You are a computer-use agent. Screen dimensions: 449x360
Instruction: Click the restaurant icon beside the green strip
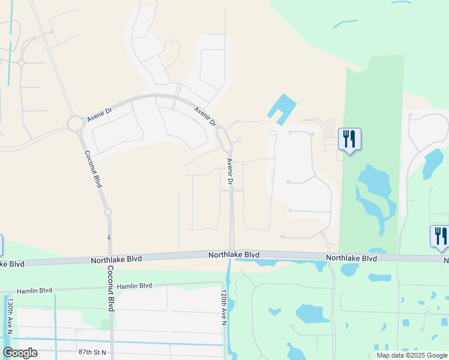pos(349,140)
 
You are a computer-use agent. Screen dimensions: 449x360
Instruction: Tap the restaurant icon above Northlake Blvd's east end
pos(440,236)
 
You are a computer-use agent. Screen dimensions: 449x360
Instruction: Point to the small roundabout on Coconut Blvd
pos(107,212)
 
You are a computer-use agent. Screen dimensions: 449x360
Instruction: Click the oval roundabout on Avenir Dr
pos(224,140)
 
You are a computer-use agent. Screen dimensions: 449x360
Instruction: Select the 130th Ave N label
pos(10,313)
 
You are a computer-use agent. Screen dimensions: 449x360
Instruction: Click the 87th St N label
pos(91,352)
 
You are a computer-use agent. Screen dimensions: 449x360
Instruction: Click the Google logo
pos(20,353)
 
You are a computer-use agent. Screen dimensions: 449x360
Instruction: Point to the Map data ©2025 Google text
pos(412,355)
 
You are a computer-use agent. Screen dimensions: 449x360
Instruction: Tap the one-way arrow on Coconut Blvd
pos(109,237)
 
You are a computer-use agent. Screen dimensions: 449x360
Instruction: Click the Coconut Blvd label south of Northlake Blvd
pos(111,288)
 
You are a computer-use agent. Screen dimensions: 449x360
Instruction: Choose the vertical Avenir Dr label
pos(229,171)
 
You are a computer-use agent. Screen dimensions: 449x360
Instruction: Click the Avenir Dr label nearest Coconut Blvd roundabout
pos(99,112)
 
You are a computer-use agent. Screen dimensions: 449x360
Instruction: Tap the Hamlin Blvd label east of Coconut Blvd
pos(135,287)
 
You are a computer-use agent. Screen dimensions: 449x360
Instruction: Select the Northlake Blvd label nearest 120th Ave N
pos(234,255)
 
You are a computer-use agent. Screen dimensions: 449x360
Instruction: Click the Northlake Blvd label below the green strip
pos(351,258)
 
